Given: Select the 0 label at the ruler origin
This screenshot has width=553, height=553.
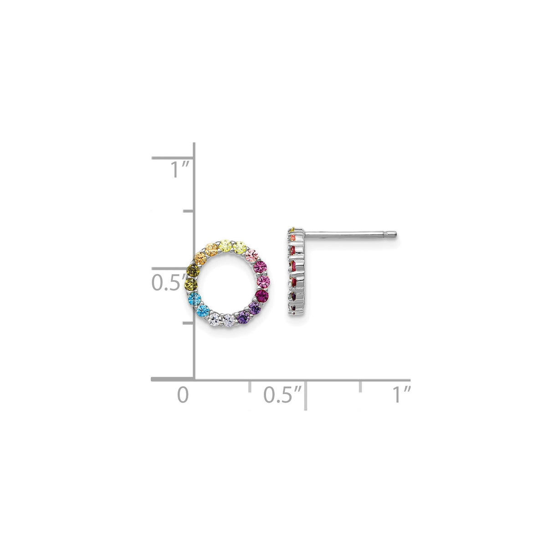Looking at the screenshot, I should coord(183,394).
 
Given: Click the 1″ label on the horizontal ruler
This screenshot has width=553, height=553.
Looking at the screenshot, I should coord(402,394).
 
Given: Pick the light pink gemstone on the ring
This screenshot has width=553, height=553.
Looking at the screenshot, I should coord(251,257).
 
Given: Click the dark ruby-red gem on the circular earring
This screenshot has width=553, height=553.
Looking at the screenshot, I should coord(262,297).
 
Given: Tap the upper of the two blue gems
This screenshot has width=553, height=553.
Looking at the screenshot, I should coord(195,299).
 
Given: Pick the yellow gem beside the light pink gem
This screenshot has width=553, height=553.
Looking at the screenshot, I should coord(240,248).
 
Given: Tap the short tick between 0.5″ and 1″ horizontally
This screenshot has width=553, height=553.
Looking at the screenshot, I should coord(361,386).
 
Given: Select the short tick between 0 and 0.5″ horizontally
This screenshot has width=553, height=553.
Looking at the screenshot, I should coord(249,386).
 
